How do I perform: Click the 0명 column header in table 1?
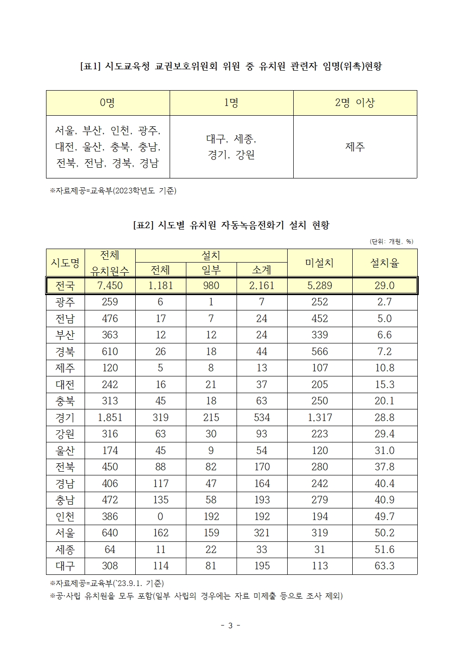pos(107,103)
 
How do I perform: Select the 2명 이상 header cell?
pos(355,103)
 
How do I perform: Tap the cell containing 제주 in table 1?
pos(355,147)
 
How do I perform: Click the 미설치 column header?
pos(319,263)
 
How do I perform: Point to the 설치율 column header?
pos(384,263)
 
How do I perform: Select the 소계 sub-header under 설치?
pos(262,270)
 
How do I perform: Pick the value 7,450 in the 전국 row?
pos(110,285)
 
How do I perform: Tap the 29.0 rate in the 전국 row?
pos(384,285)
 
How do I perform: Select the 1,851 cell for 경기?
pos(110,417)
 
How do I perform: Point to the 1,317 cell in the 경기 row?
pos(319,417)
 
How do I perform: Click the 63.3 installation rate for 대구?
pos(384,566)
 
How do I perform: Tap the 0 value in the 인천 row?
pos(160,516)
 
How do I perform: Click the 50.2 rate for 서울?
pos(384,533)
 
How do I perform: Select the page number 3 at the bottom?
pos(230,625)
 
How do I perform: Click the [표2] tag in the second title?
pos(143,225)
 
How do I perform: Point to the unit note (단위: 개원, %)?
pos(391,241)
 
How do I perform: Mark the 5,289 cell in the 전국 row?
pos(319,285)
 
